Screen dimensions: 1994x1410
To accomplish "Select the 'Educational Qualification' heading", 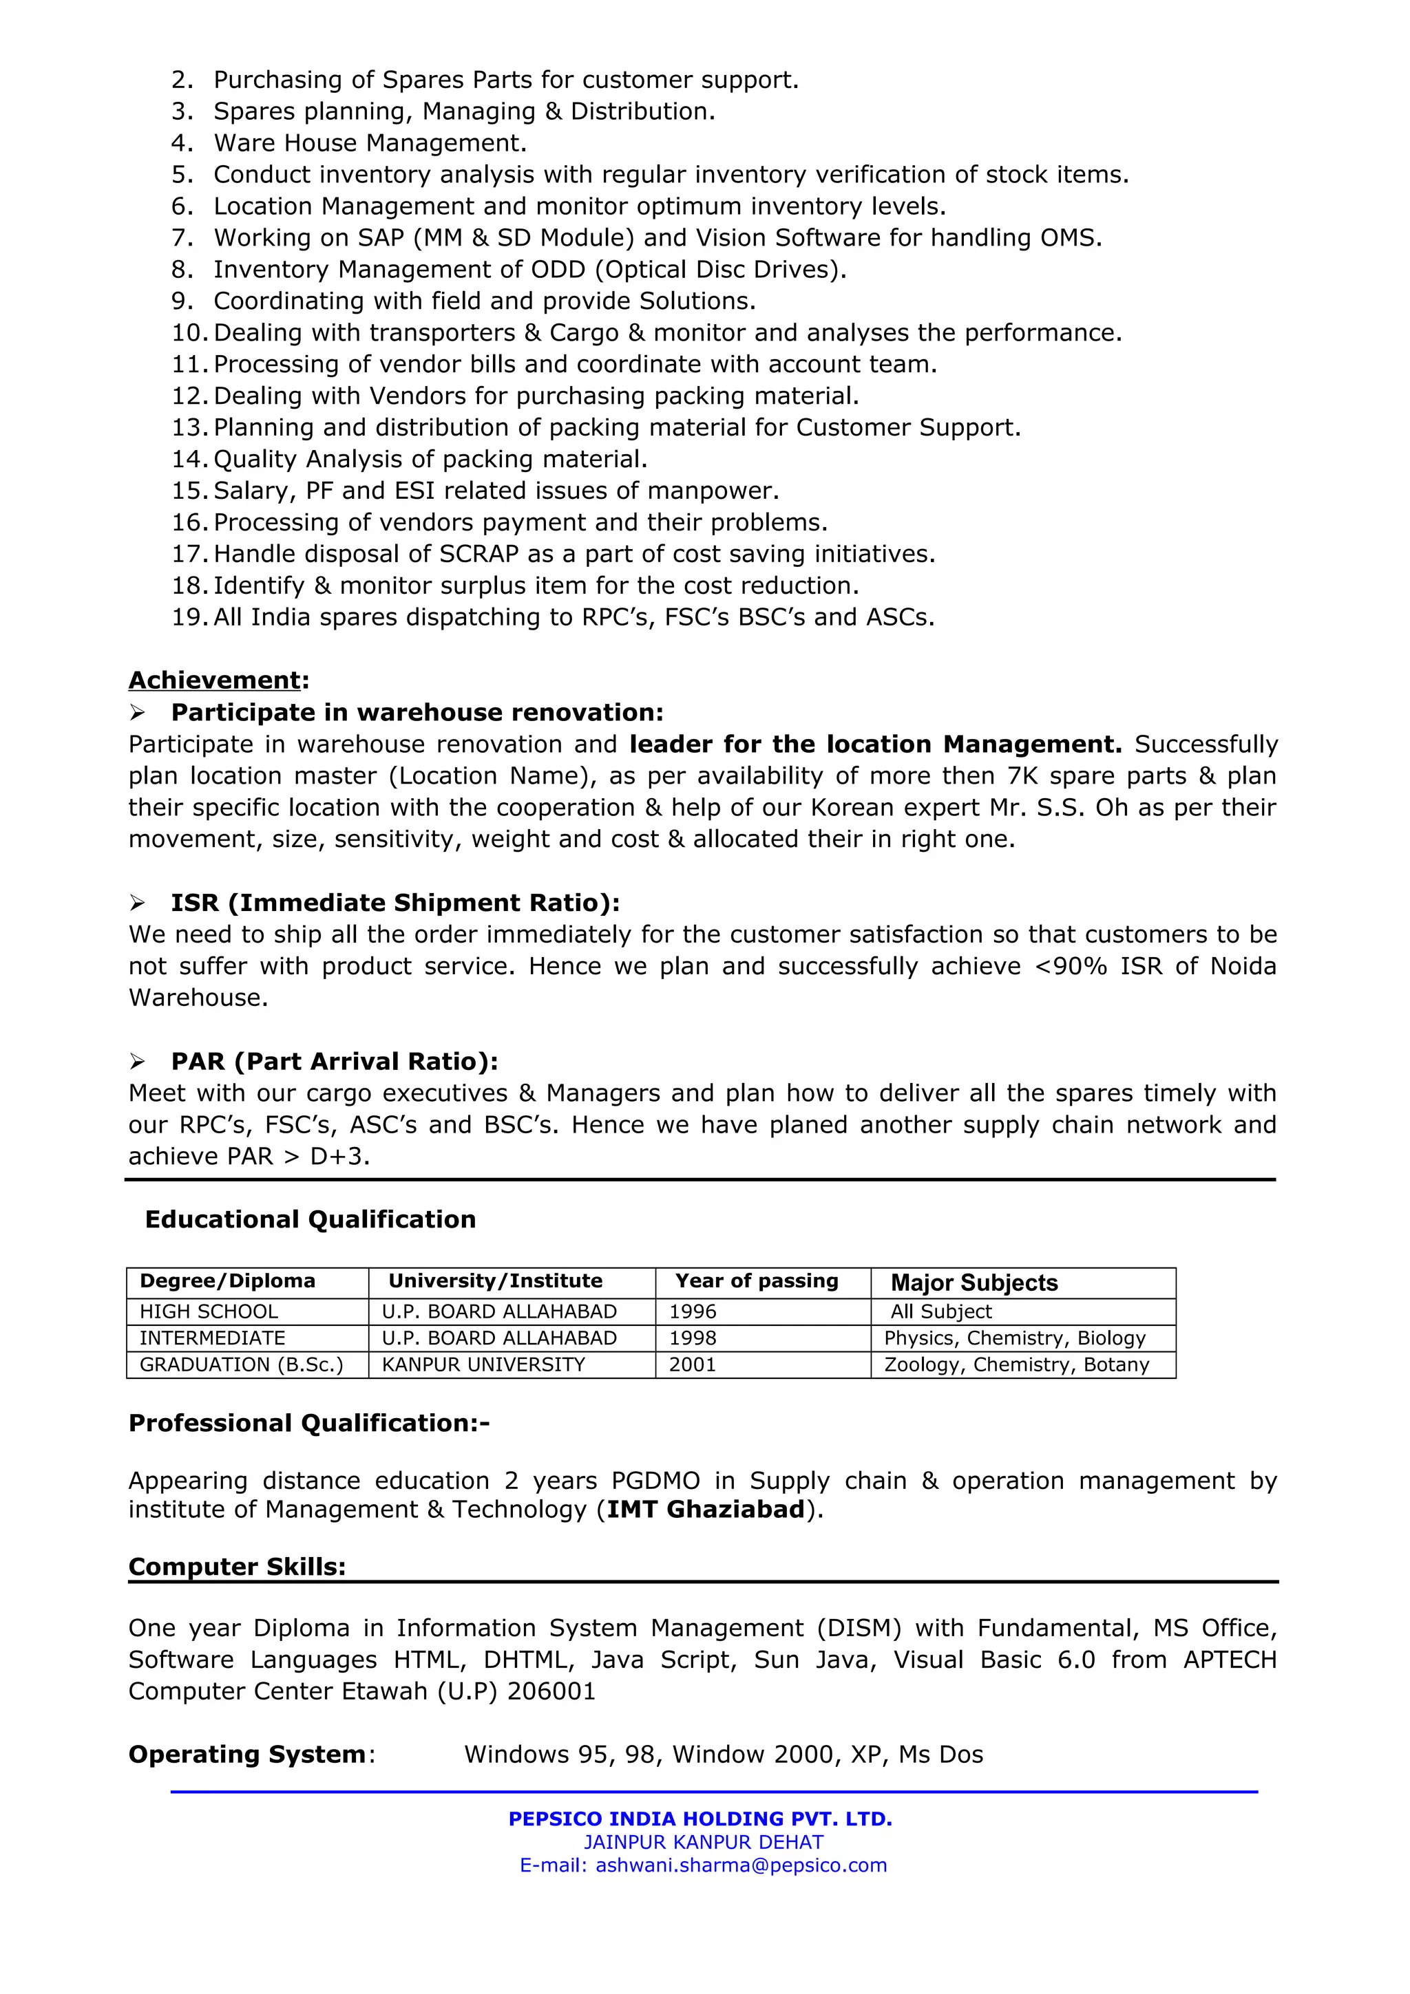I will click(310, 1219).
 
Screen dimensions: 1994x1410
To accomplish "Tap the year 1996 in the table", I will click(693, 1311).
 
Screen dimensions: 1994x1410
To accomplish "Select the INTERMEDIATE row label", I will click(212, 1338).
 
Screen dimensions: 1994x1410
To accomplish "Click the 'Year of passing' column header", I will click(757, 1281).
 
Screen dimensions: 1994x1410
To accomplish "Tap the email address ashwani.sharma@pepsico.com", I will click(741, 1865).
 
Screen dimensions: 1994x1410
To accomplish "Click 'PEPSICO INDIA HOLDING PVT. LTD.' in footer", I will click(700, 1819).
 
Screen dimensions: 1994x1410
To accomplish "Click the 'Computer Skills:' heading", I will click(236, 1567).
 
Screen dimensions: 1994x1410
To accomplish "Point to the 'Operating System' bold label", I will click(246, 1755).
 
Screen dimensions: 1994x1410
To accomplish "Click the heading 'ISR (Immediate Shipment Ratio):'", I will click(394, 903).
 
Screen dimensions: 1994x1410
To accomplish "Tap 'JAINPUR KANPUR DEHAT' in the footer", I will click(703, 1842).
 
